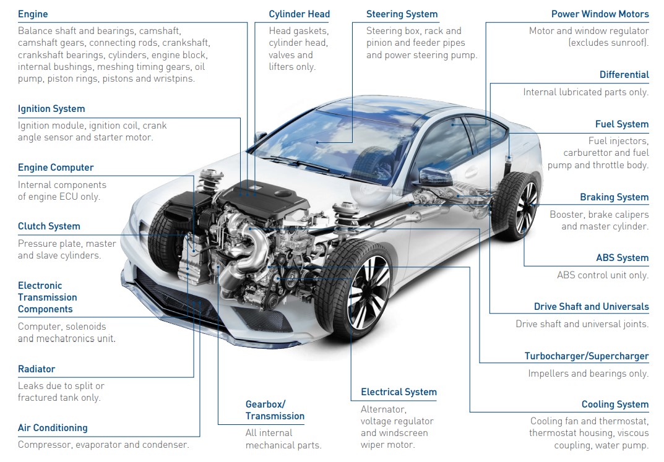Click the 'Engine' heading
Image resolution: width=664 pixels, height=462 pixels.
pos(33,14)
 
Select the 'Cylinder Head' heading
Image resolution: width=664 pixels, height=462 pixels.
pos(299,14)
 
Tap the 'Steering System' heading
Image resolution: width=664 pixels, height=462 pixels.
pos(402,14)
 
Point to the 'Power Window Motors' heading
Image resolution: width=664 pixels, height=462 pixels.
pos(600,14)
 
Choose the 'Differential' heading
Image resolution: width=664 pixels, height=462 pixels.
pos(624,75)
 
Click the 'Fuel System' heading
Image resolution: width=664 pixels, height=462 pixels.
pos(621,124)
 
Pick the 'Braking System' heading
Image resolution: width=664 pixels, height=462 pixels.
pos(614,197)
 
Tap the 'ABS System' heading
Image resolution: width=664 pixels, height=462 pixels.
pos(622,258)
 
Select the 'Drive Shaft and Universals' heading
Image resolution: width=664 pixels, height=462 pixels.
pos(591,307)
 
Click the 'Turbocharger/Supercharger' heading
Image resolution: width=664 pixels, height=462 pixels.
pos(586,356)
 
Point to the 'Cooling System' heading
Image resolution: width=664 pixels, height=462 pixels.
pos(614,404)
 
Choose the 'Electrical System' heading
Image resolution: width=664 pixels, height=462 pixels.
pos(399,392)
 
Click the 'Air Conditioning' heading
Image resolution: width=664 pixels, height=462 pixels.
pos(53,428)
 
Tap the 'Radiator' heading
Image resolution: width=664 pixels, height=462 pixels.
pos(37,369)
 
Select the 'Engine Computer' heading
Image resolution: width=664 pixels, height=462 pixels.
pos(56,168)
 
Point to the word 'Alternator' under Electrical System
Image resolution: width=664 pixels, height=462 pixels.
pos(383,409)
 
